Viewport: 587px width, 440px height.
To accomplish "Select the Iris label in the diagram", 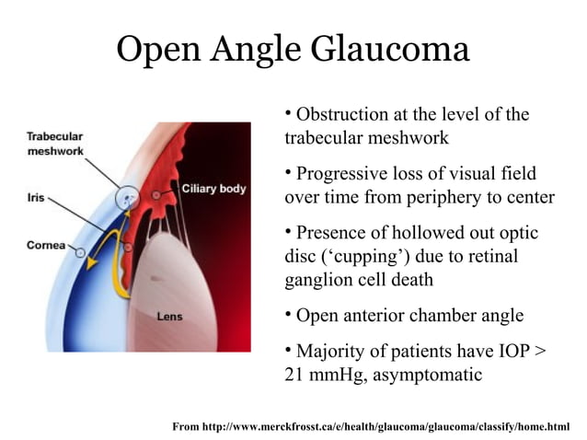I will point(35,197).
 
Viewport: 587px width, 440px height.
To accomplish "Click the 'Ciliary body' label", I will point(213,189).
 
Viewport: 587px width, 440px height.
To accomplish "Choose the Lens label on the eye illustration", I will point(169,317).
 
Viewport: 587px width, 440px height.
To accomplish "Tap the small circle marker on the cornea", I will point(82,251).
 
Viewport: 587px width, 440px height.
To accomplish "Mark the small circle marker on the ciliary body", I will point(157,195).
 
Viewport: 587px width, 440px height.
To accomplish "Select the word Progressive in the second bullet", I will point(342,174).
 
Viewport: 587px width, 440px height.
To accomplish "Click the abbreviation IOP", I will point(510,353).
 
